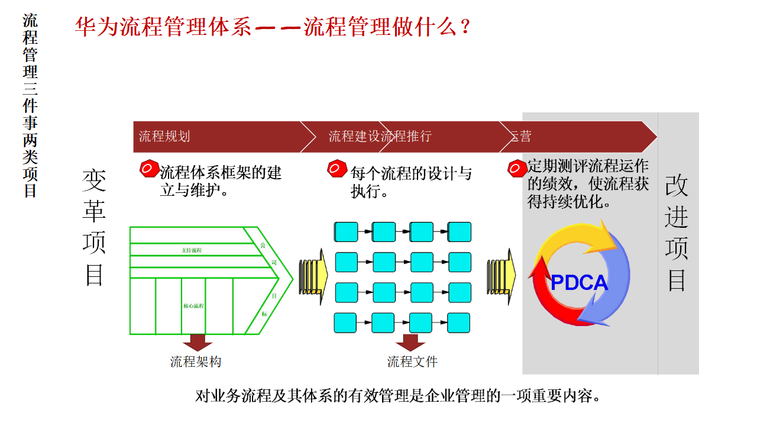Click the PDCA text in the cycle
coord(579,282)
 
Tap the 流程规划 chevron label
coord(164,137)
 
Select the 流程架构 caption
coord(196,362)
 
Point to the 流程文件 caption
coord(412,362)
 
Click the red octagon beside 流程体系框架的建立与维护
coord(148,169)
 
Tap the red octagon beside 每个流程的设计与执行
coord(337,169)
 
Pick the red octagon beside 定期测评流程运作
coord(516,169)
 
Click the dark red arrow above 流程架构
coord(197,343)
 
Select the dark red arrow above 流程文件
coord(410,343)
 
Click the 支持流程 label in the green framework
coord(192,250)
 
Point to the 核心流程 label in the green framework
coord(193,306)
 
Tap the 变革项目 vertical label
coord(94,227)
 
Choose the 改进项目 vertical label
coord(677,233)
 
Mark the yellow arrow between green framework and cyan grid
coord(313,277)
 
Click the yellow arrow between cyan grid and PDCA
coord(501,277)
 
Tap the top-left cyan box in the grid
coord(346,232)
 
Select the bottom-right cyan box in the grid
coord(459,322)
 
